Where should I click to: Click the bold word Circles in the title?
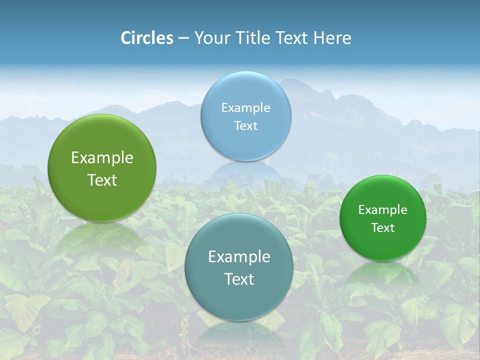click(147, 38)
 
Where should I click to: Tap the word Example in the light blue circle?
click(245, 107)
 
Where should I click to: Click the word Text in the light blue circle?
click(245, 125)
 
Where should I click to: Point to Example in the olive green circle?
click(102, 157)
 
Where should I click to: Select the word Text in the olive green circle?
click(102, 180)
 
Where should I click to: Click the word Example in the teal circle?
click(239, 256)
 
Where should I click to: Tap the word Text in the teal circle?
click(239, 279)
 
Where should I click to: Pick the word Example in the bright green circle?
click(382, 209)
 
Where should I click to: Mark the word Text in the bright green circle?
click(382, 227)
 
